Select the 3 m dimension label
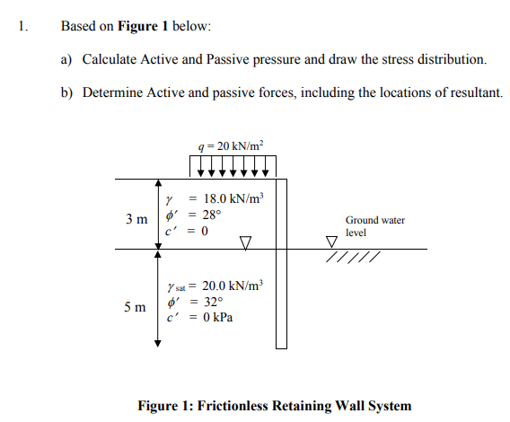[x=136, y=219]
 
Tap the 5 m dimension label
[x=136, y=307]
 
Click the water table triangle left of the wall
[x=245, y=242]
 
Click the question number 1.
[x=22, y=25]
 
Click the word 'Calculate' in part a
[x=109, y=59]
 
